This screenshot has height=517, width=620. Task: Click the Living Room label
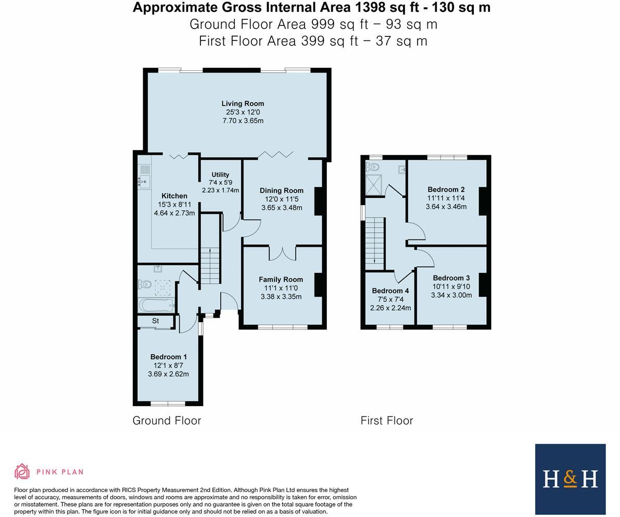pos(243,104)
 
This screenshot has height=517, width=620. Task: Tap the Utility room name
pos(220,174)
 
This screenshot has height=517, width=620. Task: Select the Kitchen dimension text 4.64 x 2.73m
pos(174,213)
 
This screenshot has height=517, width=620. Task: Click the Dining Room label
pos(282,191)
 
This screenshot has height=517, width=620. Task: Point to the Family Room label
pos(281,280)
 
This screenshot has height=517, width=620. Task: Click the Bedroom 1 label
pos(169,357)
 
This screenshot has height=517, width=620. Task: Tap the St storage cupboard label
pos(156,321)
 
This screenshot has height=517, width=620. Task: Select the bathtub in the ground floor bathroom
pos(156,306)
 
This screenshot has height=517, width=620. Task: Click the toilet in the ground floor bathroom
pos(144,284)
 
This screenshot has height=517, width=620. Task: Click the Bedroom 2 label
pos(446,190)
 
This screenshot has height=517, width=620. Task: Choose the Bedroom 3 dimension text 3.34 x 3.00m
pos(451,295)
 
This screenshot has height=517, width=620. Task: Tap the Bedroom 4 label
pos(390,291)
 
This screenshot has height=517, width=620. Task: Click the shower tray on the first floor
pos(374,185)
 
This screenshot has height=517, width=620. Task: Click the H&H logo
pos(570,479)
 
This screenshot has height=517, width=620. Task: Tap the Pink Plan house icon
pos(22,471)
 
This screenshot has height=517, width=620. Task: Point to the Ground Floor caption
pos(167,421)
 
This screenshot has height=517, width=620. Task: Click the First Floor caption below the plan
pos(387,421)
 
